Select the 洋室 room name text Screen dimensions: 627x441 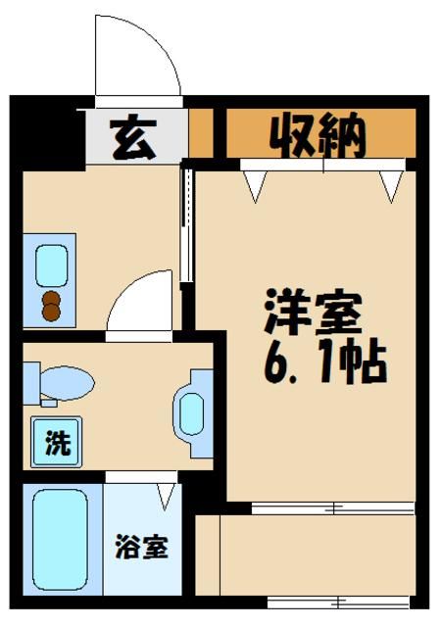point(313,313)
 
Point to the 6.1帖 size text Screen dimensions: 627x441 point(322,363)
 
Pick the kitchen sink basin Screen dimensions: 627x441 point(50,264)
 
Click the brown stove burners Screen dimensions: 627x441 point(51,307)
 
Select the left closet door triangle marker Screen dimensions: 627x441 point(257,184)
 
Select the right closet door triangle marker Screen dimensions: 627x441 point(391,183)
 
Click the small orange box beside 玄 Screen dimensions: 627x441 point(200,135)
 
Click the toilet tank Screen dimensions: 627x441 point(30,381)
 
